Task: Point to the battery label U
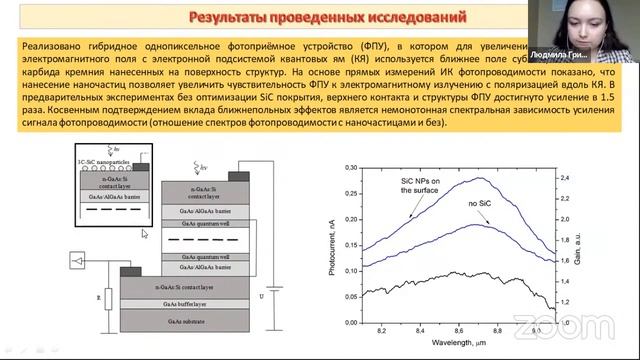[x=263, y=296]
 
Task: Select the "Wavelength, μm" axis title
[x=458, y=343]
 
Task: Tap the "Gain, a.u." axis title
[x=583, y=239]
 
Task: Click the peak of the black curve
[x=463, y=272]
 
